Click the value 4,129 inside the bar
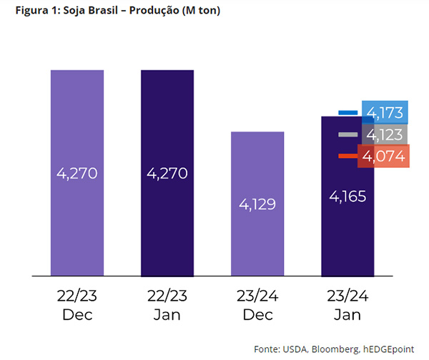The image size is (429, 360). point(257,204)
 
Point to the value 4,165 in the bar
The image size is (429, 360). point(347,195)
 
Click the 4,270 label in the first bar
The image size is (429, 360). point(77,173)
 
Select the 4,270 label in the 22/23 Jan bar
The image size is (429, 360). point(167,173)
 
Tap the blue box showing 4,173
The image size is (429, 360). point(385,112)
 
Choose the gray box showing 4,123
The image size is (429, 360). point(385,134)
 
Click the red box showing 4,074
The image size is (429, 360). point(385,156)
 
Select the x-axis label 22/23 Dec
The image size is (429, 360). point(77,304)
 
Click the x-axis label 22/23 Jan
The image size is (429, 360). point(167,304)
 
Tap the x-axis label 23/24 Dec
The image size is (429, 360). point(257,304)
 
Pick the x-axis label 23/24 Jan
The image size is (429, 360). point(347,304)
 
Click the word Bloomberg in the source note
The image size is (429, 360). point(333,349)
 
